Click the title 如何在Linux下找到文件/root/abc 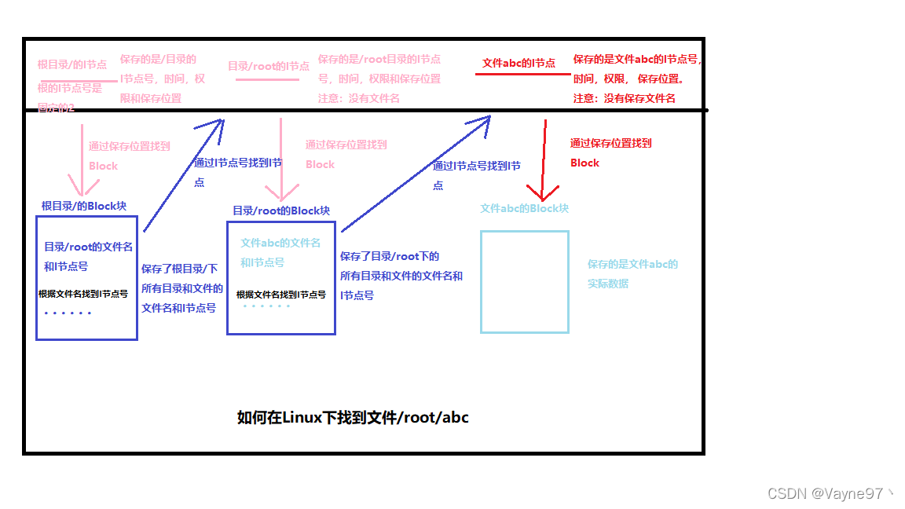pos(353,417)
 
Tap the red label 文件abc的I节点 pos(518,63)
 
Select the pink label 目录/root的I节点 pos(269,66)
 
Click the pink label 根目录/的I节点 pos(72,64)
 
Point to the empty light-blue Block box pos(524,281)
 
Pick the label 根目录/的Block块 pos(84,206)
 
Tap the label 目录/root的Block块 pos(281,211)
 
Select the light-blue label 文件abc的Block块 pos(524,208)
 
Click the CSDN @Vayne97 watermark pos(830,493)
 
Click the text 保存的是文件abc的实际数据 pos(632,273)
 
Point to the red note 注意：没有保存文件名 pos(625,98)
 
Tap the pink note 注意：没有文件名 pos(359,98)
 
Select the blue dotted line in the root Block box pos(68,313)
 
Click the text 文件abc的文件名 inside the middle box pos(280,243)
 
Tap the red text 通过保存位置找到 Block pos(610,152)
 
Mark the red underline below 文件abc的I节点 pos(522,74)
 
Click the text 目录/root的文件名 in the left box pos(88,247)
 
